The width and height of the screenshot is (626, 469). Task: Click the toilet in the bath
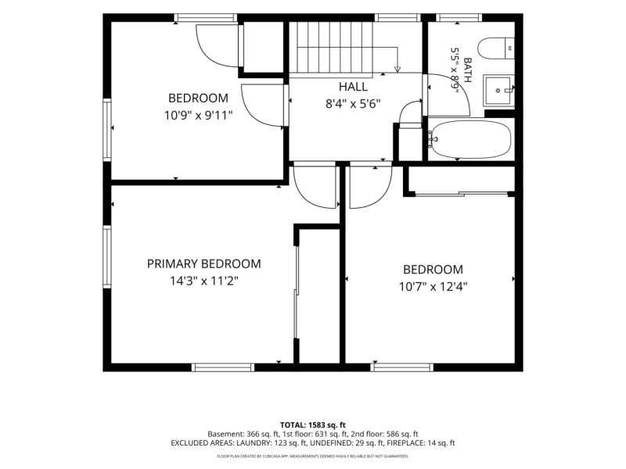click(x=496, y=48)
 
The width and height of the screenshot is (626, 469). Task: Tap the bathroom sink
click(x=498, y=91)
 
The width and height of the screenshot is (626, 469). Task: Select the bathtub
click(x=469, y=139)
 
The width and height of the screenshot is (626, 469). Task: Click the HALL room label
click(x=353, y=87)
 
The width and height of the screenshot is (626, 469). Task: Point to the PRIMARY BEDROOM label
click(x=204, y=263)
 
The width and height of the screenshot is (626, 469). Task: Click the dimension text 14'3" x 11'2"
click(x=204, y=281)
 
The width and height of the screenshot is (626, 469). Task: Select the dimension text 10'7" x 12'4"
click(x=434, y=287)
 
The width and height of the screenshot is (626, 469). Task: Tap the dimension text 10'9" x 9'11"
click(x=199, y=116)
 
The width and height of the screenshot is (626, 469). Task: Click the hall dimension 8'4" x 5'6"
click(x=353, y=104)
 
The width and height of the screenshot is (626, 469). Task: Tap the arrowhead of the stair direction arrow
click(x=398, y=70)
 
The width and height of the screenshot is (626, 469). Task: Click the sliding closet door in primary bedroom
click(x=297, y=292)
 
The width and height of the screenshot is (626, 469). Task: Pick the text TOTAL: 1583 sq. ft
click(x=312, y=424)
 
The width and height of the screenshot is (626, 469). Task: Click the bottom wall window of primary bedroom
click(x=223, y=367)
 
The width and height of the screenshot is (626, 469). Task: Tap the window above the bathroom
click(x=459, y=17)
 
